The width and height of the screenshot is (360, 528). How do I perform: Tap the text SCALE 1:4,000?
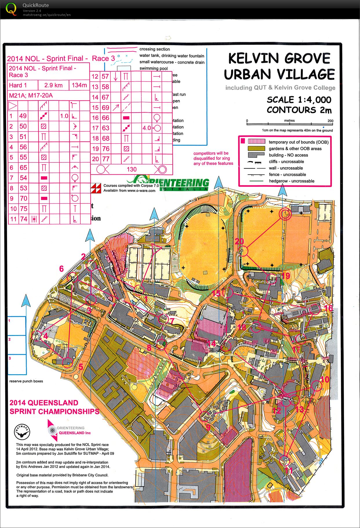(299, 100)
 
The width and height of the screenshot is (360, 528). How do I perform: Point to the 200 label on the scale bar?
(330, 121)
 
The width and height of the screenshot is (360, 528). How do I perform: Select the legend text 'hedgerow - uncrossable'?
(291, 181)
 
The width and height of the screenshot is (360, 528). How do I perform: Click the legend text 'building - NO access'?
(288, 155)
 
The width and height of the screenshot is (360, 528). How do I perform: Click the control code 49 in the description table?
(23, 116)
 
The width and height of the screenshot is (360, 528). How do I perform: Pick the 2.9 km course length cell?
(53, 85)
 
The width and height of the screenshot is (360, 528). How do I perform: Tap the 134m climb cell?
(79, 85)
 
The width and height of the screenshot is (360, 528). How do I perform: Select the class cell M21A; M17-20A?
(31, 95)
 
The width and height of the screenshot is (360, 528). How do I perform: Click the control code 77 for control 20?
(106, 159)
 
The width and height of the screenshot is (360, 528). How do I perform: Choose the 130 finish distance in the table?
(132, 169)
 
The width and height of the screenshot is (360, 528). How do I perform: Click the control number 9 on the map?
(208, 427)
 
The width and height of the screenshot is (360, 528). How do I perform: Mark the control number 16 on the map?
(328, 308)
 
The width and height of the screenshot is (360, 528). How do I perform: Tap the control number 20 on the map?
(239, 241)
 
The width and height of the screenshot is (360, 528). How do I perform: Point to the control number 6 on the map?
(61, 269)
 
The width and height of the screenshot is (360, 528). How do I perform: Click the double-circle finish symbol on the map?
(285, 214)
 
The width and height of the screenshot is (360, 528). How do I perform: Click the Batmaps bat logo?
(22, 432)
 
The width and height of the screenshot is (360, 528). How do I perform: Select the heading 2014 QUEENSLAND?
(44, 403)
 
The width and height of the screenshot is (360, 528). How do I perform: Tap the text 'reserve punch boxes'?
(26, 381)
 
